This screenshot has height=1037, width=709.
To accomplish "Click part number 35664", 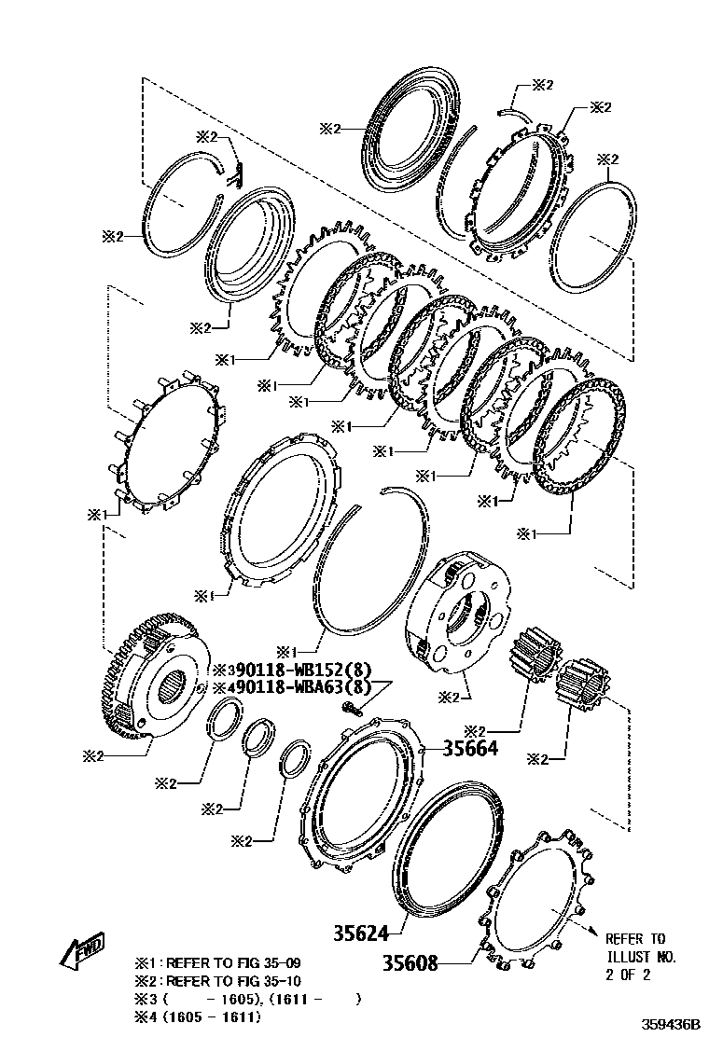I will pyautogui.click(x=470, y=748).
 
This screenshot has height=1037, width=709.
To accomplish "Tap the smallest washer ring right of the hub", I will pyautogui.click(x=293, y=757).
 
